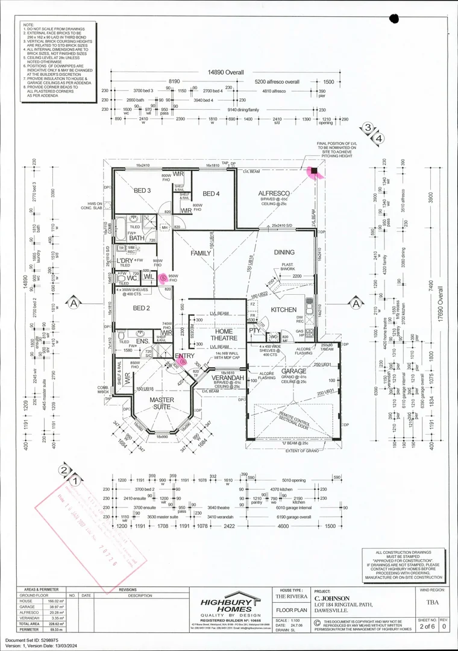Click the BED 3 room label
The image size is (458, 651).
point(141,190)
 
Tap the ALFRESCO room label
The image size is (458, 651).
point(275,194)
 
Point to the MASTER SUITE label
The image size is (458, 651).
point(162,404)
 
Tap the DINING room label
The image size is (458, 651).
point(284,253)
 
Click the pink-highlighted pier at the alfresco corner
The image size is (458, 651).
point(314,171)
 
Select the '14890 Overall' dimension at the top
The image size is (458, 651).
point(226,72)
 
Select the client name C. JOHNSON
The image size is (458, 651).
point(333,598)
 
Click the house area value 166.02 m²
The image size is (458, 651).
point(57,601)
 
